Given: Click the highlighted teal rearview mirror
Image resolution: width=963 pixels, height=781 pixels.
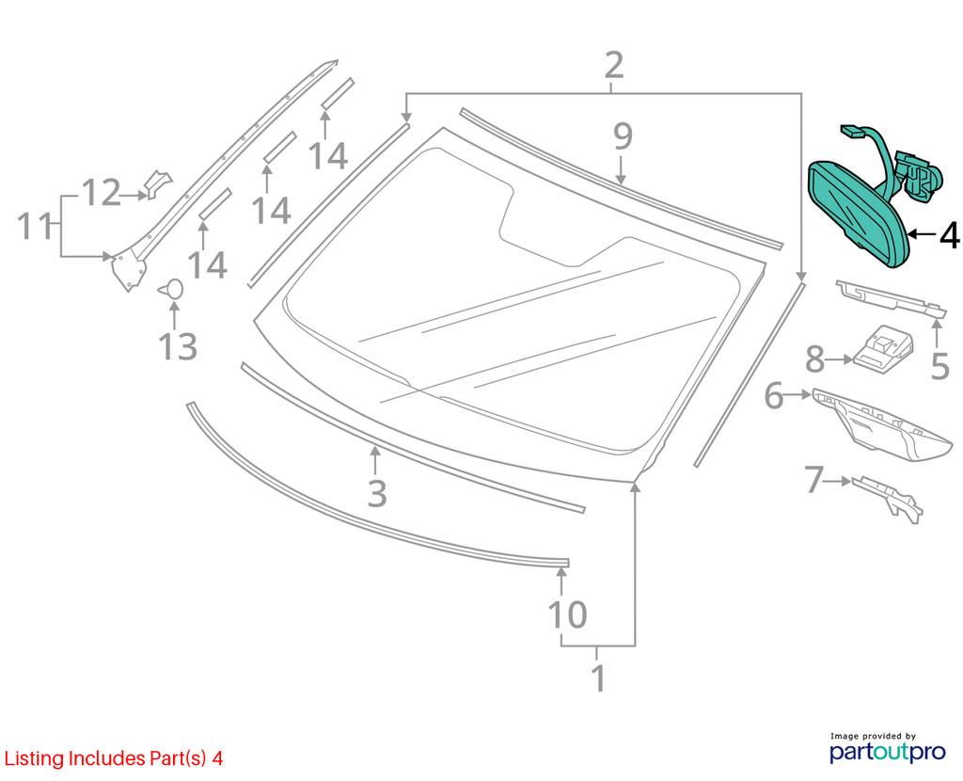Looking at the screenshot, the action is click(x=858, y=212).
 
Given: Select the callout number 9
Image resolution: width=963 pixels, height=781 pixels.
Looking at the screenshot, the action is click(x=623, y=136).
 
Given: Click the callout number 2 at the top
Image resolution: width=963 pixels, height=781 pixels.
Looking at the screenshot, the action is click(x=613, y=65).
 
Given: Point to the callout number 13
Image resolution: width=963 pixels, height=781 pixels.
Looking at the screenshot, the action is click(x=178, y=346).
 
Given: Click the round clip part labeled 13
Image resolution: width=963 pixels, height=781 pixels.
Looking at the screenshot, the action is click(x=173, y=288).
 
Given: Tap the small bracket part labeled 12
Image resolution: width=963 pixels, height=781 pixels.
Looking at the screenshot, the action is click(x=157, y=183).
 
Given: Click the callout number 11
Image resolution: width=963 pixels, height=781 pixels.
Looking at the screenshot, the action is click(x=35, y=226).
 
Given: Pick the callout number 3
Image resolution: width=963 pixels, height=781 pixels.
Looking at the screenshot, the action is click(x=377, y=493).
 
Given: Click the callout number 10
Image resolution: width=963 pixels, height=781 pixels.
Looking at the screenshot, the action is click(x=567, y=614).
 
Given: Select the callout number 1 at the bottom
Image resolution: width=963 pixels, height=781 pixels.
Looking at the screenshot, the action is click(x=598, y=678).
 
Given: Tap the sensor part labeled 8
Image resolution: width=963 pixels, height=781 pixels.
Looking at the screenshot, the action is click(x=882, y=348).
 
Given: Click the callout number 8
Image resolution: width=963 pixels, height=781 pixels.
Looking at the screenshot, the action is click(x=815, y=359).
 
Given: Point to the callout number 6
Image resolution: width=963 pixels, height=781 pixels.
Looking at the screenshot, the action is click(x=774, y=395).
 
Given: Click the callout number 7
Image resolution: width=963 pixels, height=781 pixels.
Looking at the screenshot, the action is click(x=813, y=480).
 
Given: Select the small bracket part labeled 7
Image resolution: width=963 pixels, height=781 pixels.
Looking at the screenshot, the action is click(x=887, y=498).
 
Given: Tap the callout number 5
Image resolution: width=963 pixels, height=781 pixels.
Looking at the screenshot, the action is click(x=940, y=366).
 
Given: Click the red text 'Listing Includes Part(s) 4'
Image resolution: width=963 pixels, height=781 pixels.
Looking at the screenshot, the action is click(x=114, y=758).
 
